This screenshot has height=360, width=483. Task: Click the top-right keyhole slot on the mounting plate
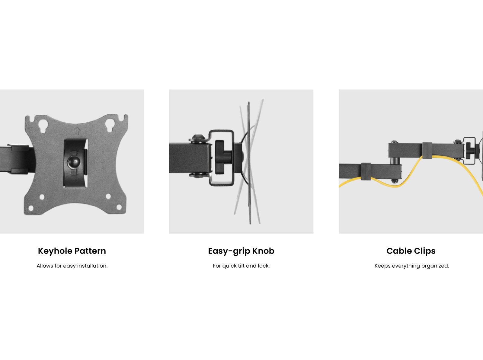[x=110, y=125]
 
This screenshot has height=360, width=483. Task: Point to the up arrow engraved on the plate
[x=77, y=130]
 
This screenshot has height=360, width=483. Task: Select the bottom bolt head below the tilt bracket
[x=198, y=175]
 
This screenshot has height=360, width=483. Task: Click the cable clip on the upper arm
[x=427, y=150]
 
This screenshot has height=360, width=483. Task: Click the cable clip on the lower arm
[x=366, y=171]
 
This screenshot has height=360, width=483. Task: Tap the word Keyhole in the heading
[x=55, y=251]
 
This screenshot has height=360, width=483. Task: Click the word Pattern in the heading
[x=90, y=251]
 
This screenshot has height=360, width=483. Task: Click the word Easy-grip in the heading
[x=229, y=251]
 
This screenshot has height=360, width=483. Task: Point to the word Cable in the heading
[x=399, y=251]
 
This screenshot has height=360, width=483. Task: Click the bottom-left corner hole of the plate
[x=31, y=208]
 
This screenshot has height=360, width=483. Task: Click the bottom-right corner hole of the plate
[x=119, y=207]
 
